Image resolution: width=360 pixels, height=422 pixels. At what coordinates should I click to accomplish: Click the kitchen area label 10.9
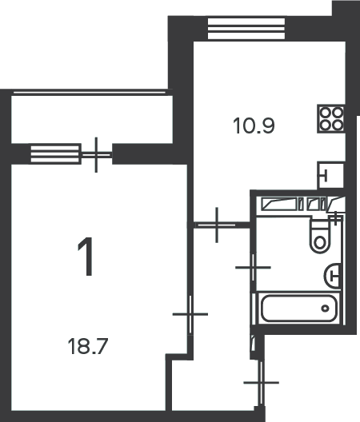254,126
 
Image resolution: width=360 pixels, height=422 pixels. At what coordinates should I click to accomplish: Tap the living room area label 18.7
88,346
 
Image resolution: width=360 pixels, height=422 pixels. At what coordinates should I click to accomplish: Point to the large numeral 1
86,257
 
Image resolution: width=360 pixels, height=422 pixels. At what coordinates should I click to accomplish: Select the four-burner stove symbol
331,118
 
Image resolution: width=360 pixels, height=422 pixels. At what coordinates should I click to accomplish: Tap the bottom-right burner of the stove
338,125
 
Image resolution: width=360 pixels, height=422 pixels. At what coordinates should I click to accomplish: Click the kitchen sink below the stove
330,176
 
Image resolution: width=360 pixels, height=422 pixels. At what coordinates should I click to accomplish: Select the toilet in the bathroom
320,236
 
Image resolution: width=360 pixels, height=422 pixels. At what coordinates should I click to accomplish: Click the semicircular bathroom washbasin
333,276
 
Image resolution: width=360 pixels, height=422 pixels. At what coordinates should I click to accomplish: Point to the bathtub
299,309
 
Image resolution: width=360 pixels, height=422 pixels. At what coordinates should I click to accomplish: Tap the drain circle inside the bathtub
326,309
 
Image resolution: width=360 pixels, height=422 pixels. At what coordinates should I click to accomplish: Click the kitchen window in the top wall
246,29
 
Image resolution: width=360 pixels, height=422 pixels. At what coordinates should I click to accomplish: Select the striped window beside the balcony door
55,154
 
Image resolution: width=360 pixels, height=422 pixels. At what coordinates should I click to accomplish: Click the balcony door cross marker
96,155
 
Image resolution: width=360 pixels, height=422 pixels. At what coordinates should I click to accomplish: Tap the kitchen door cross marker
217,225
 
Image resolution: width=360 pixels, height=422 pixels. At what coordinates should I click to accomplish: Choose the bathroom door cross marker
253,268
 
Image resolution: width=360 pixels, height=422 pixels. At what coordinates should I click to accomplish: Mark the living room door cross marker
190,314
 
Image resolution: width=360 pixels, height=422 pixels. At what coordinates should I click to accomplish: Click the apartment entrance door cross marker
261,382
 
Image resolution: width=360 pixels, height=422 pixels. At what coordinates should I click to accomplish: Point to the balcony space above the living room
92,119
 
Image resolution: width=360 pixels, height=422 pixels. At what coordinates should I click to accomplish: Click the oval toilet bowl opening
320,243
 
